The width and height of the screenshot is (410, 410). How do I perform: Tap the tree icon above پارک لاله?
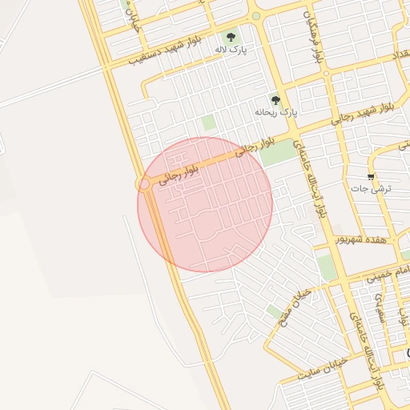231,37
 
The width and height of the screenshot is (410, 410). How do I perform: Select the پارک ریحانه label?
275,113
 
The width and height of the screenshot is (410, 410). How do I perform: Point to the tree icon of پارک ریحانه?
275,100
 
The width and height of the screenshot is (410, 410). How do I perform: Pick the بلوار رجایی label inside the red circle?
177,175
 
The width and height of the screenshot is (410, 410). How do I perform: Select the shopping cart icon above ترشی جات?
371,176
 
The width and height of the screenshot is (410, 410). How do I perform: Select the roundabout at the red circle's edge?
145,184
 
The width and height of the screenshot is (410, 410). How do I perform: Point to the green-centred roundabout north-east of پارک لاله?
255,16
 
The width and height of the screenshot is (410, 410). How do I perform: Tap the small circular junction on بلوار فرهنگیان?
326,74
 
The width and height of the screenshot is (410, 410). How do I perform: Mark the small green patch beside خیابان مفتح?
275,311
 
